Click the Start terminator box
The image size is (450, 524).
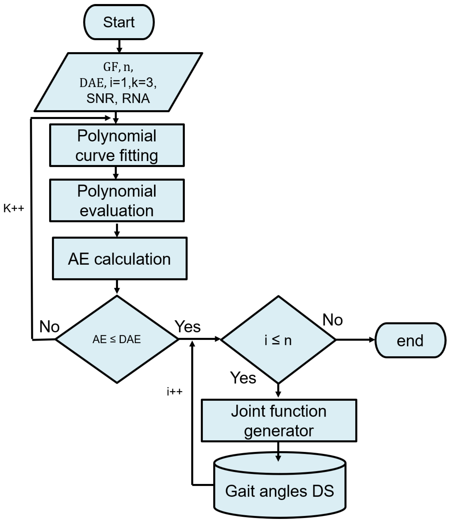[119, 22]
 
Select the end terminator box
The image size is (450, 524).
[410, 340]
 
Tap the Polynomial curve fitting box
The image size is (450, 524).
[117, 145]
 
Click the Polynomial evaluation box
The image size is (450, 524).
[117, 200]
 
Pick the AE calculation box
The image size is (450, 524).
[119, 259]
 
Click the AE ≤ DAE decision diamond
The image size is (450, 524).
[117, 339]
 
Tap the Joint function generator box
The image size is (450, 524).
[279, 421]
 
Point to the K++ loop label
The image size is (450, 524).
[14, 208]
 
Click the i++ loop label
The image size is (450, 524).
[174, 392]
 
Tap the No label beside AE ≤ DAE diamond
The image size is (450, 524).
[49, 327]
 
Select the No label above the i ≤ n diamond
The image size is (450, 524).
[332, 320]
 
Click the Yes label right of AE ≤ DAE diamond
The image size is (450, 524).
[187, 327]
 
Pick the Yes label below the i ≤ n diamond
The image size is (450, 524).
[243, 378]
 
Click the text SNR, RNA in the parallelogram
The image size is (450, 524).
[118, 98]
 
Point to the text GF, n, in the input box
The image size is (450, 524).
[118, 67]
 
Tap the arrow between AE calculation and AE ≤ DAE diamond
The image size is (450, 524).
[117, 287]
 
